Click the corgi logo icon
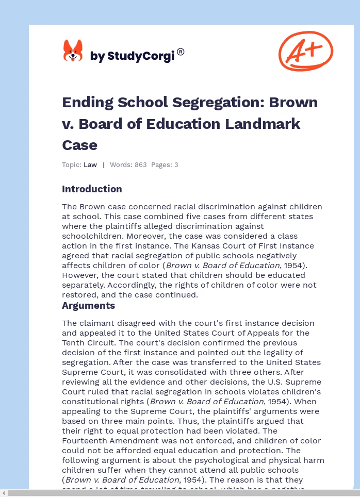73,51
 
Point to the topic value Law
90,165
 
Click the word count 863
140,165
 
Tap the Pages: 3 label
165,165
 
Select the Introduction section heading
92,189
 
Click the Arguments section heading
88,305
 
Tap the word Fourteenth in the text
87,441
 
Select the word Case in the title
79,145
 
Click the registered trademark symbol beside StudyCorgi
181,52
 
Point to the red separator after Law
103,165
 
